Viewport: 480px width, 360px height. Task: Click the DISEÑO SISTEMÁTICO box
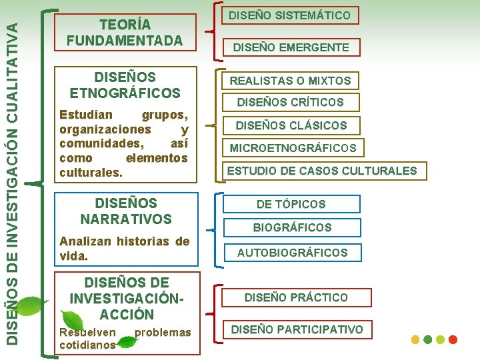click(x=289, y=15)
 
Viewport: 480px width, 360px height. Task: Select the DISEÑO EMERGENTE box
click(x=290, y=47)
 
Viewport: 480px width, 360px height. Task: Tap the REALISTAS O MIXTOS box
click(x=290, y=81)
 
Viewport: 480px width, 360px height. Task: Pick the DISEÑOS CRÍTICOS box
click(x=290, y=103)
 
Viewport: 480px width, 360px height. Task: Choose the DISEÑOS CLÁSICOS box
click(x=291, y=125)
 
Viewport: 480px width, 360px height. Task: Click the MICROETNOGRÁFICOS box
click(x=293, y=148)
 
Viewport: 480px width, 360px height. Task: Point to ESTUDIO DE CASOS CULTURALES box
click(x=321, y=171)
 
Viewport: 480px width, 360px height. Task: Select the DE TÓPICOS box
click(x=291, y=204)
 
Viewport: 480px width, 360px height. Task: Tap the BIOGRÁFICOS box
click(x=292, y=227)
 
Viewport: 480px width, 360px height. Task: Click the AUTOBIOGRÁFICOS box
click(x=292, y=253)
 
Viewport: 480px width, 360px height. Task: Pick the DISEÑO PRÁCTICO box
click(x=296, y=297)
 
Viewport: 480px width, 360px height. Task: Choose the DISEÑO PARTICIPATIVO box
click(x=297, y=329)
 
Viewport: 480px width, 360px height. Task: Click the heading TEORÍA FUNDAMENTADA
click(x=125, y=33)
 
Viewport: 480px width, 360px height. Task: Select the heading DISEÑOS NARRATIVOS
click(x=125, y=211)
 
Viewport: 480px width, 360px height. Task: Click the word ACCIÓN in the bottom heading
click(x=127, y=314)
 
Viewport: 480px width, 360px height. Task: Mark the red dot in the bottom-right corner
click(x=453, y=339)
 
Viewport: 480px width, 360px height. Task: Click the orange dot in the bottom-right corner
click(x=415, y=339)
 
